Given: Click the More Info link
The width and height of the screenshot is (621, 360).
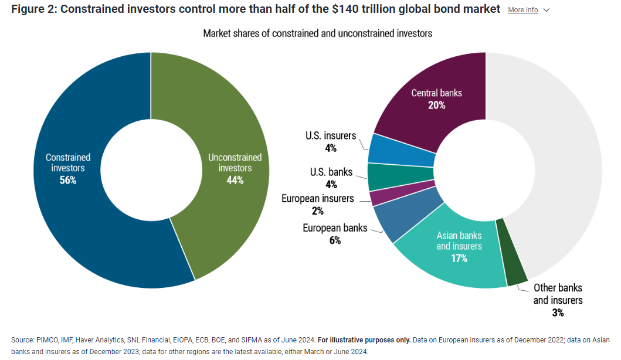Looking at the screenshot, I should [522, 10].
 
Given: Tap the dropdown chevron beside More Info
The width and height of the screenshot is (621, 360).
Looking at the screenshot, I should [547, 10].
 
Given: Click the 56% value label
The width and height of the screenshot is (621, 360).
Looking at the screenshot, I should [68, 180].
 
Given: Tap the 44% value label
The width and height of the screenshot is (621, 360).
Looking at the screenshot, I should [235, 180].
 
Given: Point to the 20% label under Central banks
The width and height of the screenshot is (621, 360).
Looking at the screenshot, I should [436, 106].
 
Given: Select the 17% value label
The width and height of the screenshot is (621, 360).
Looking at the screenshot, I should [459, 259].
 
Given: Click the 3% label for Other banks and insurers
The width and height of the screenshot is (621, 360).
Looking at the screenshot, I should [558, 313].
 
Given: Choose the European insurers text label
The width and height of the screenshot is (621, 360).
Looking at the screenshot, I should [317, 198].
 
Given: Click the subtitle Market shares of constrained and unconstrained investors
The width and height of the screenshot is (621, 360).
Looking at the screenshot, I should [317, 33].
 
